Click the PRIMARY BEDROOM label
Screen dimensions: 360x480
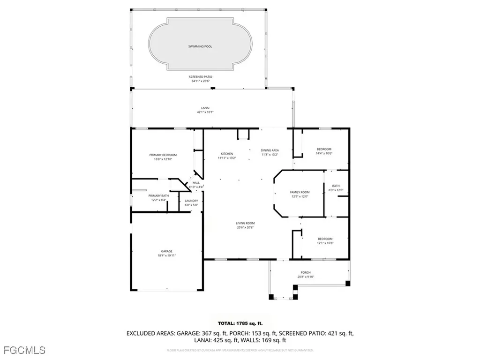[163, 155]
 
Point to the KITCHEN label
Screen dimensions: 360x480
[227, 154]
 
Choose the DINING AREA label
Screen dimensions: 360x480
[270, 150]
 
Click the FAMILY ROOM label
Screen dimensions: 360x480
[300, 192]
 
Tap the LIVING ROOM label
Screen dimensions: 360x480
[245, 223]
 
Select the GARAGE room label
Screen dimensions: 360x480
[166, 251]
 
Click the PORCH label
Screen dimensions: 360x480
[306, 272]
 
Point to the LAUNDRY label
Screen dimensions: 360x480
[191, 201]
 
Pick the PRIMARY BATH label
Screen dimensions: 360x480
[158, 195]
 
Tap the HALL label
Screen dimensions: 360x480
[195, 183]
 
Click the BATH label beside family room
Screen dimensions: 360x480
[336, 186]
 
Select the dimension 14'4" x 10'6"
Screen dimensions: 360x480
[324, 153]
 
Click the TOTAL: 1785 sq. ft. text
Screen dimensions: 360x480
[240, 323]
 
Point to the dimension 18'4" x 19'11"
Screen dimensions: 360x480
[166, 256]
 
